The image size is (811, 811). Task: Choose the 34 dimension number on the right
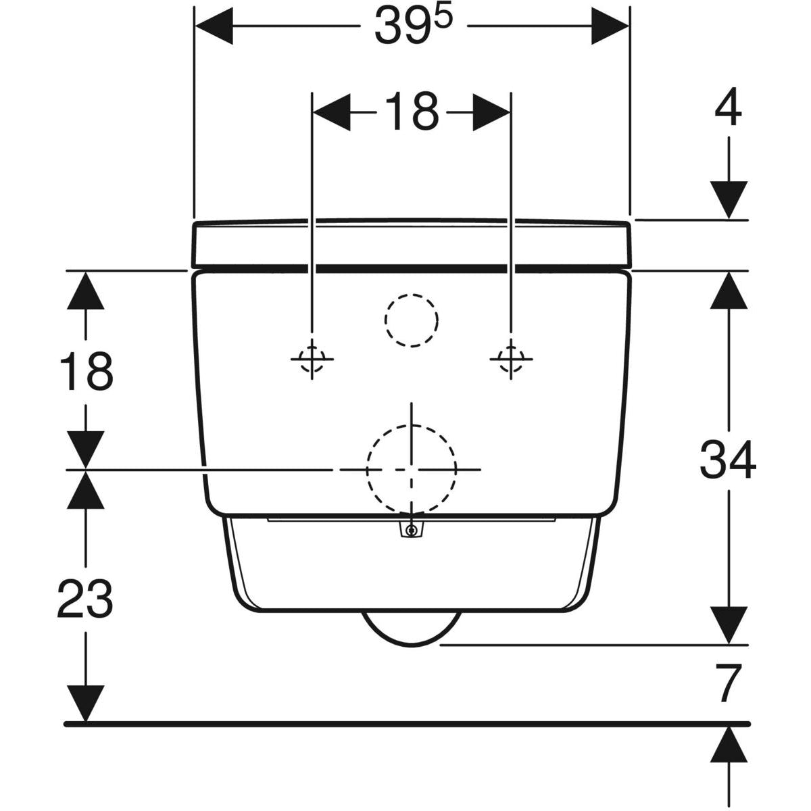(727, 460)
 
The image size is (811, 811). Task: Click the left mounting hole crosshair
(312, 358)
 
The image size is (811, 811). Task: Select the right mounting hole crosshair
(511, 358)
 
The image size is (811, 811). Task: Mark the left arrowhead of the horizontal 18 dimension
(332, 112)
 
